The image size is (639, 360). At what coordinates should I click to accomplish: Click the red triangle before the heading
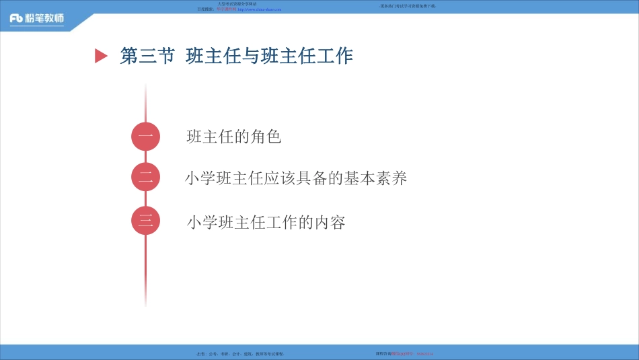101,57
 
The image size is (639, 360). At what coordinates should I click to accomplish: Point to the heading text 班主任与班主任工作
269,57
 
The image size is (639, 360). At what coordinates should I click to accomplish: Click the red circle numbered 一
145,137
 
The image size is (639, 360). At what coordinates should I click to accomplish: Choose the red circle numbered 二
145,178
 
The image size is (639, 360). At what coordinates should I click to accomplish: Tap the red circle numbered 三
145,221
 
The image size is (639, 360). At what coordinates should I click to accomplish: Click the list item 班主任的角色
233,137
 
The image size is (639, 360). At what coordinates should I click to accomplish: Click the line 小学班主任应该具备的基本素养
296,178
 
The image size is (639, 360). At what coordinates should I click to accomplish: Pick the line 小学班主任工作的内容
266,222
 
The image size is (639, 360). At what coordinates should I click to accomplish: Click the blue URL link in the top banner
260,9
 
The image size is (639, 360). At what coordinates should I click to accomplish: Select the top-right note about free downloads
408,5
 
